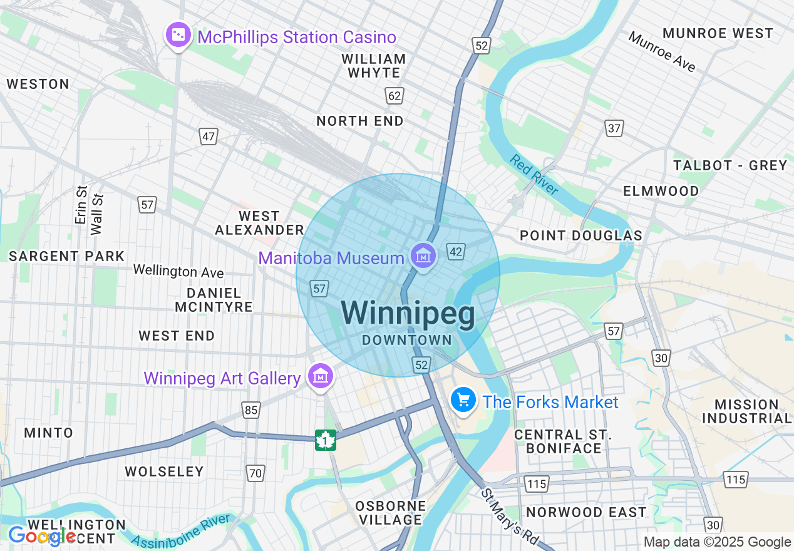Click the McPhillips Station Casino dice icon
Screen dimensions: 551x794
point(178,35)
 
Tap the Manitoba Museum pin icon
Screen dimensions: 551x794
point(423,255)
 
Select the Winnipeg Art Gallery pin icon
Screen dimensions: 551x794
point(321,376)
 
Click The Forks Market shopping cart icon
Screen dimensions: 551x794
point(463,399)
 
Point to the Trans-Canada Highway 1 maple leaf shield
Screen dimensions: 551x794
point(326,440)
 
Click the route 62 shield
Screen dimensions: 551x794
point(394,96)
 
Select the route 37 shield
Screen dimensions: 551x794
point(614,128)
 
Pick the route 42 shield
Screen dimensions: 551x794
point(456,252)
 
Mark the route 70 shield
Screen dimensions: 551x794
point(255,473)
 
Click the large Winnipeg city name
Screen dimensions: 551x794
point(408,313)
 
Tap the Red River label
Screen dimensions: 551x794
point(534,175)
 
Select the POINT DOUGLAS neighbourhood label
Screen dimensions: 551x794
point(581,235)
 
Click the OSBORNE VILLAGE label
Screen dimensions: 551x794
point(391,513)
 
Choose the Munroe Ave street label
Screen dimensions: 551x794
point(662,52)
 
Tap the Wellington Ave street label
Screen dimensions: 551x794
point(178,271)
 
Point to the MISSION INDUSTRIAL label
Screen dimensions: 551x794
point(746,411)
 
